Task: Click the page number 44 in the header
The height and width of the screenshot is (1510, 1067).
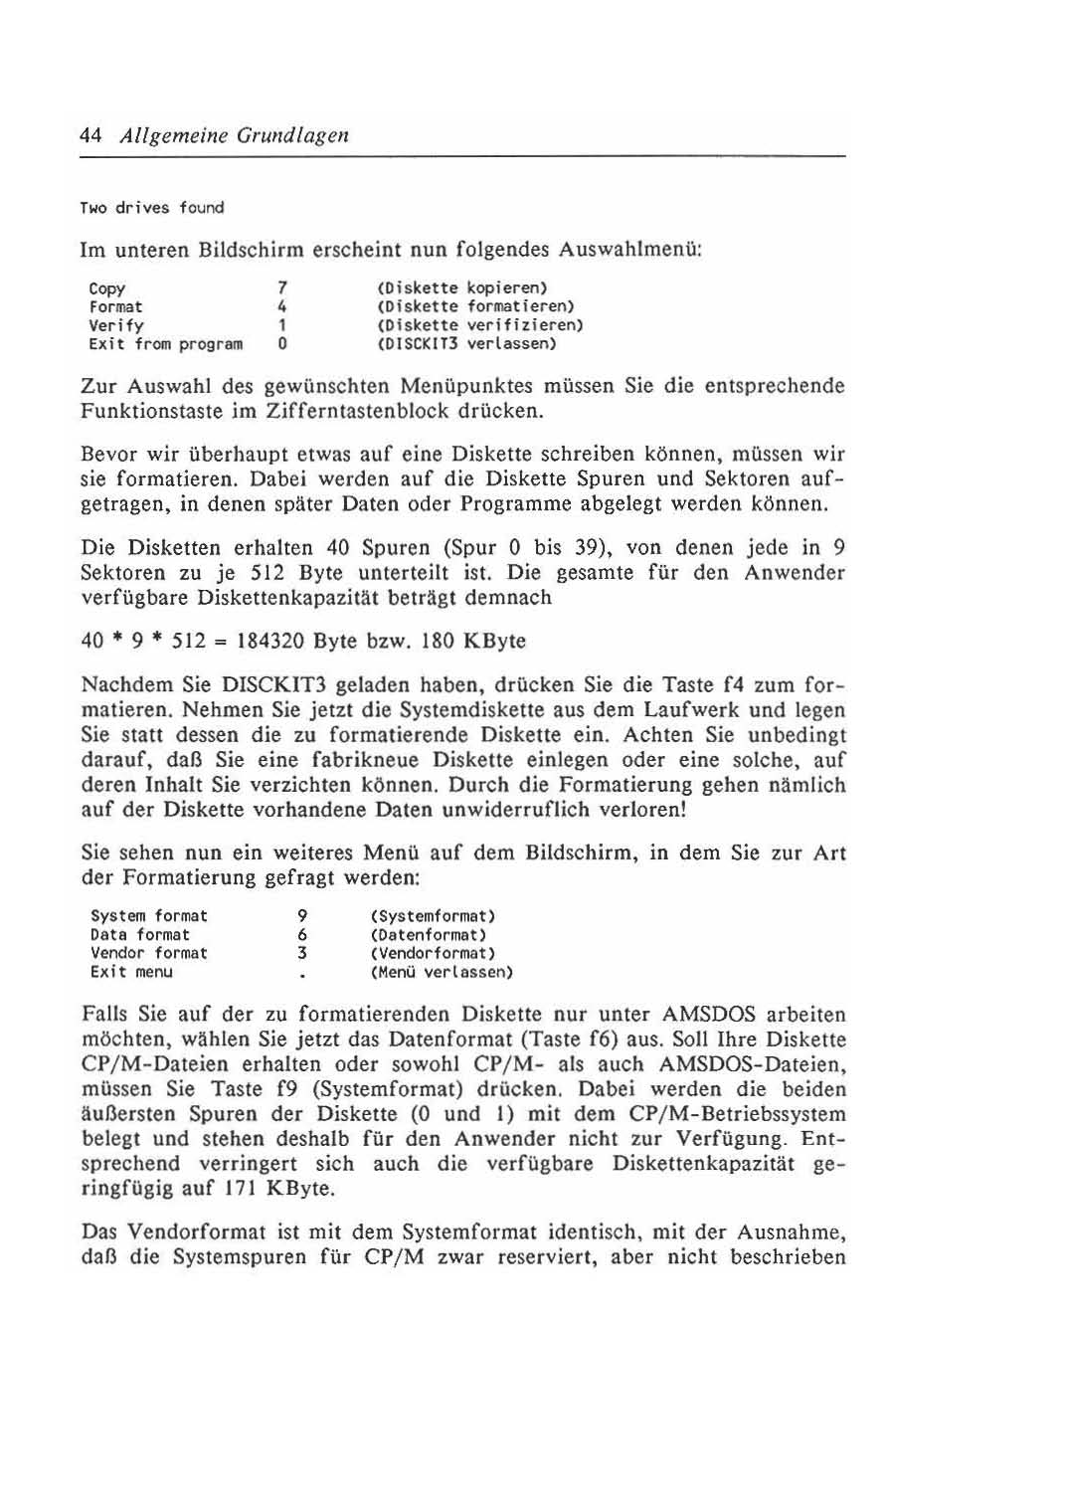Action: pyautogui.click(x=90, y=135)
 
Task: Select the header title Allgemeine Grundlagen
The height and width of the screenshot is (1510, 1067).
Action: pyautogui.click(x=234, y=135)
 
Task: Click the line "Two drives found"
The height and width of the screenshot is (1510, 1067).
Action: pyautogui.click(x=152, y=208)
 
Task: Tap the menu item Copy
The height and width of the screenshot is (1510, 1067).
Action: pyautogui.click(x=107, y=288)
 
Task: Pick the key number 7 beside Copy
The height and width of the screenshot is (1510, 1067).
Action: pyautogui.click(x=282, y=288)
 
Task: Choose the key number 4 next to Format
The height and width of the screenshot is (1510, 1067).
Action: pyautogui.click(x=282, y=307)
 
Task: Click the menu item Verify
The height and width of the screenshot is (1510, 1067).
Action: pyautogui.click(x=116, y=326)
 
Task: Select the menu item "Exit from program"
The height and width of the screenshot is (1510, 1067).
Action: pyautogui.click(x=166, y=345)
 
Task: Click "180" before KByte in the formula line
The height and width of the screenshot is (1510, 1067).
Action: pyautogui.click(x=438, y=642)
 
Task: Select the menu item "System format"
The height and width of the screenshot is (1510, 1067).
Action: pyautogui.click(x=149, y=916)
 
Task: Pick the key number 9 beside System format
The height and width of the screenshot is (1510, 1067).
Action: pyautogui.click(x=301, y=916)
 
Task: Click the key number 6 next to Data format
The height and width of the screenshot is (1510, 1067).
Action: pyautogui.click(x=301, y=935)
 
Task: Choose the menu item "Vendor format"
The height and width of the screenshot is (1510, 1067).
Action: pyautogui.click(x=149, y=953)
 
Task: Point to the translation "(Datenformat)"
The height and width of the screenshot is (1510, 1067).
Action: pyautogui.click(x=428, y=935)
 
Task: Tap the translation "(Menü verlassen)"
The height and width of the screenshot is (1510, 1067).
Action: pyautogui.click(x=442, y=972)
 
